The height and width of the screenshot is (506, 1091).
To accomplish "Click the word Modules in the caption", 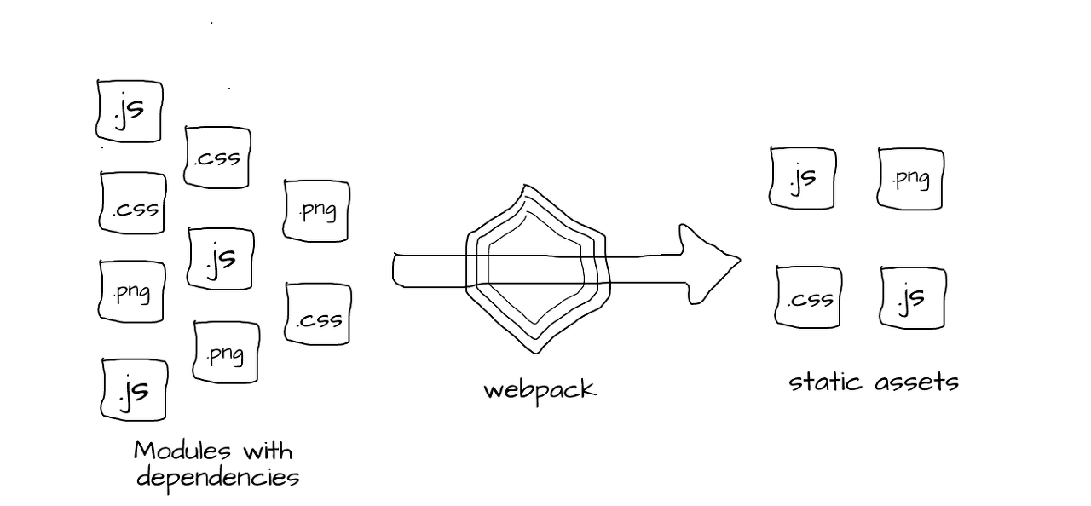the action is click(x=182, y=451).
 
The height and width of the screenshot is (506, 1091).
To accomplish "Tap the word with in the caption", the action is click(x=268, y=451).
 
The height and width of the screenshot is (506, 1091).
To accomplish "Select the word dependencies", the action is click(x=217, y=479).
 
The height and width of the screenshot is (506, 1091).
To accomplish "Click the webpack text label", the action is click(x=540, y=390).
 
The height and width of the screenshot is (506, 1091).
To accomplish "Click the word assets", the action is click(x=916, y=383).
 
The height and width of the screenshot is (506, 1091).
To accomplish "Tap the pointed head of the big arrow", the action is click(x=740, y=261).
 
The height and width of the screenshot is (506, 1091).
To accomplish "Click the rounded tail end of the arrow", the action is click(x=394, y=270).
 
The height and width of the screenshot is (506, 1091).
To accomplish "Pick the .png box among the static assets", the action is click(x=910, y=179).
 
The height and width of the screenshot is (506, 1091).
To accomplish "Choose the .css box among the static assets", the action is click(x=809, y=297).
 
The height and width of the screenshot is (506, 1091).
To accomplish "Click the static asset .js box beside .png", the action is click(x=803, y=178).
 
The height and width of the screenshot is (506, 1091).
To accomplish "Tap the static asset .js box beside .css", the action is click(x=913, y=298).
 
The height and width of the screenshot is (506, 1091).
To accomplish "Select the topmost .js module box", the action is click(x=129, y=112).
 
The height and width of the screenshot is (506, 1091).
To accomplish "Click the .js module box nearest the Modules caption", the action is click(x=134, y=389).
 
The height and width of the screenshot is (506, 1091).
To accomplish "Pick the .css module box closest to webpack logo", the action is click(x=318, y=314).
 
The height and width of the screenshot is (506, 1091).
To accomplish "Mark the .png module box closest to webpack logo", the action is click(x=316, y=210).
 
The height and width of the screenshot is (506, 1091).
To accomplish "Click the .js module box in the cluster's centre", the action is click(x=221, y=259).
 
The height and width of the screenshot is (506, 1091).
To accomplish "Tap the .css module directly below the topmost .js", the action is click(x=132, y=203).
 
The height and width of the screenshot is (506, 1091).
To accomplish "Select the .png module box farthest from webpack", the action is click(x=132, y=291).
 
